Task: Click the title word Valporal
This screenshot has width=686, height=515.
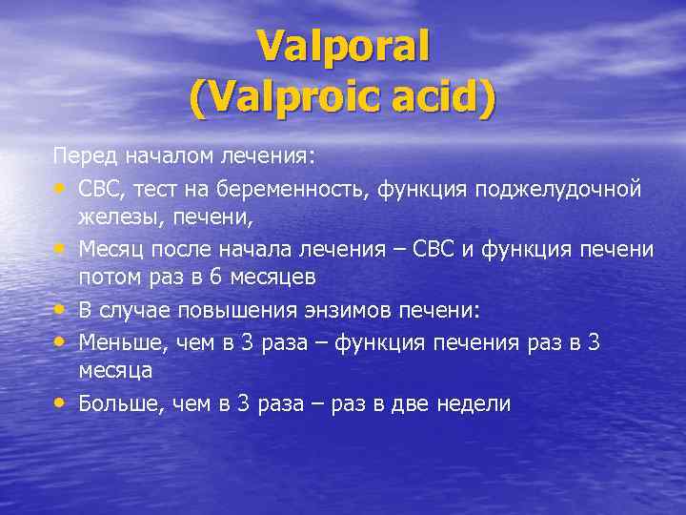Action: tap(343, 46)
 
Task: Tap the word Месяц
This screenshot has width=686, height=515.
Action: tap(112, 249)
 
